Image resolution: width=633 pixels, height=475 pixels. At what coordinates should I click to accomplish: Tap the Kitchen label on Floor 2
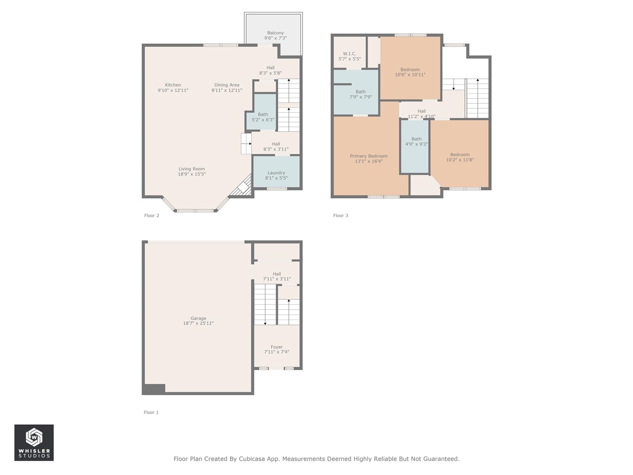tap(173, 85)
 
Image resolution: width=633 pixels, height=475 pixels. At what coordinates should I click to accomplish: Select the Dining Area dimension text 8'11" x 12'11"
tap(226, 91)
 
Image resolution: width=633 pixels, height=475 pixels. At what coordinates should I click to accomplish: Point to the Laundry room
tap(276, 175)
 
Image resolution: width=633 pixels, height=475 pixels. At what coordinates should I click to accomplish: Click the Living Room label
tap(191, 169)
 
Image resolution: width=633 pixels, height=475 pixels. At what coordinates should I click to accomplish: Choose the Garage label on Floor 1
tap(198, 319)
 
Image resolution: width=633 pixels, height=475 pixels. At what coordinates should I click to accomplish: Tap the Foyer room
tap(276, 349)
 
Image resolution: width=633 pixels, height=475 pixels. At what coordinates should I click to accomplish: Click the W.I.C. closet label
tap(349, 54)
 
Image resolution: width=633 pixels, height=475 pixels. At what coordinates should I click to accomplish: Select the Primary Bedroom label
tap(368, 156)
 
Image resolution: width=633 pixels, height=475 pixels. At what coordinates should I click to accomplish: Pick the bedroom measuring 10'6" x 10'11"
tap(410, 72)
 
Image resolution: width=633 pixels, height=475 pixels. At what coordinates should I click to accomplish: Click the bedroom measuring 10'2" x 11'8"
tap(460, 157)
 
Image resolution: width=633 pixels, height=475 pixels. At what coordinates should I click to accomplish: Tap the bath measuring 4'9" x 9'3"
tap(416, 142)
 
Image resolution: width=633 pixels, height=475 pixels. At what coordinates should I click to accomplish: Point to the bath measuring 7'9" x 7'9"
tap(361, 94)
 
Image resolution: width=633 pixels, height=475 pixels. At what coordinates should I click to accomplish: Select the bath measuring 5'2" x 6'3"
tap(263, 117)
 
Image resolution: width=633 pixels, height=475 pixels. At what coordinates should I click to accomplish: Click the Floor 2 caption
tap(152, 216)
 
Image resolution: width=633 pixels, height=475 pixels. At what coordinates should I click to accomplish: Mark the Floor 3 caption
tap(341, 216)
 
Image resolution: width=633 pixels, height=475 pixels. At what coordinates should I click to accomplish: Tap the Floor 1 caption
tap(151, 412)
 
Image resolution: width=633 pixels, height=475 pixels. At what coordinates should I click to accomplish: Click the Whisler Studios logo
tap(34, 443)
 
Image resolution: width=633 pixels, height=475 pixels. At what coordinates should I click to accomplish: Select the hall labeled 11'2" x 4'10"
tap(421, 114)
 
